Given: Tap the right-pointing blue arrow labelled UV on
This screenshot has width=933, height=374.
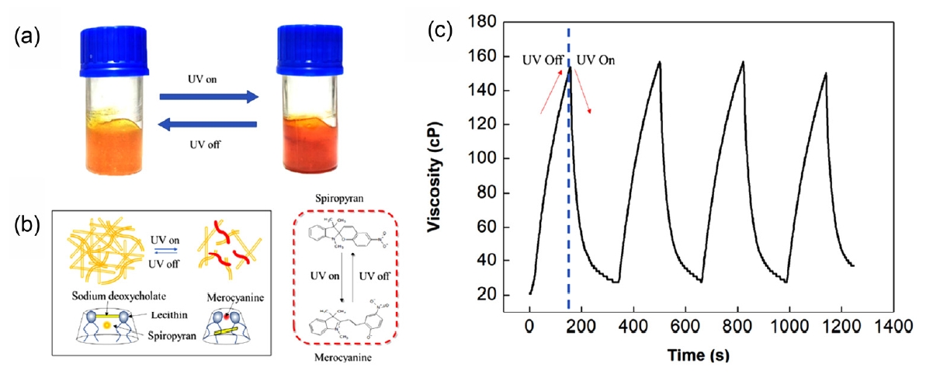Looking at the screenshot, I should click(x=208, y=97).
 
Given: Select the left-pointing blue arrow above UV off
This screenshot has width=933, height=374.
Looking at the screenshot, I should click(x=208, y=125).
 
